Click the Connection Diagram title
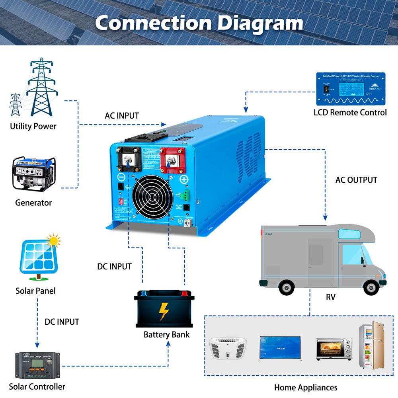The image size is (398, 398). pos(199,23)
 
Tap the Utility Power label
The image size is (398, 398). pos(33,127)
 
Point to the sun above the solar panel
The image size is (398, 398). pos(54,241)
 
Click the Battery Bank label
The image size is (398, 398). pos(166,335)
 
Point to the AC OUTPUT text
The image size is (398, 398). pos(356,180)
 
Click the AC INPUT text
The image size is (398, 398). pos(122,116)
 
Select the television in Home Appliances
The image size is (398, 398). pos(280,348)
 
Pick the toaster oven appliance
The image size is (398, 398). pos(334,349)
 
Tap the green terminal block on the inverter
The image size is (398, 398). pos(187,195)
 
